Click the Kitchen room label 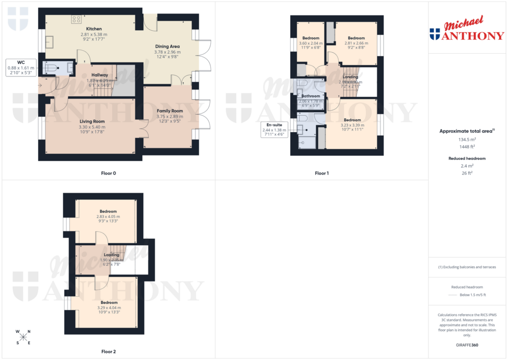click(x=94, y=29)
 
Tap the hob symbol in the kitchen click(x=76, y=19)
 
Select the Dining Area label click(x=167, y=46)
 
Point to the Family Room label click(x=170, y=111)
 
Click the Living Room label click(x=92, y=121)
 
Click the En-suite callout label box click(x=274, y=130)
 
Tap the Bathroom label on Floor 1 click(x=311, y=96)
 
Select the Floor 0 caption click(x=108, y=173)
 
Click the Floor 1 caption click(x=321, y=173)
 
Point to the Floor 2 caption click(x=108, y=352)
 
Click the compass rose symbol click(x=23, y=337)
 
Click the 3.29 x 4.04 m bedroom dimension click(x=109, y=308)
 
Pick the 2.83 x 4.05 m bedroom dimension click(x=108, y=216)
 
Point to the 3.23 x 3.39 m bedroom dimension click(x=352, y=125)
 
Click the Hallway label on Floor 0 click(x=100, y=75)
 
